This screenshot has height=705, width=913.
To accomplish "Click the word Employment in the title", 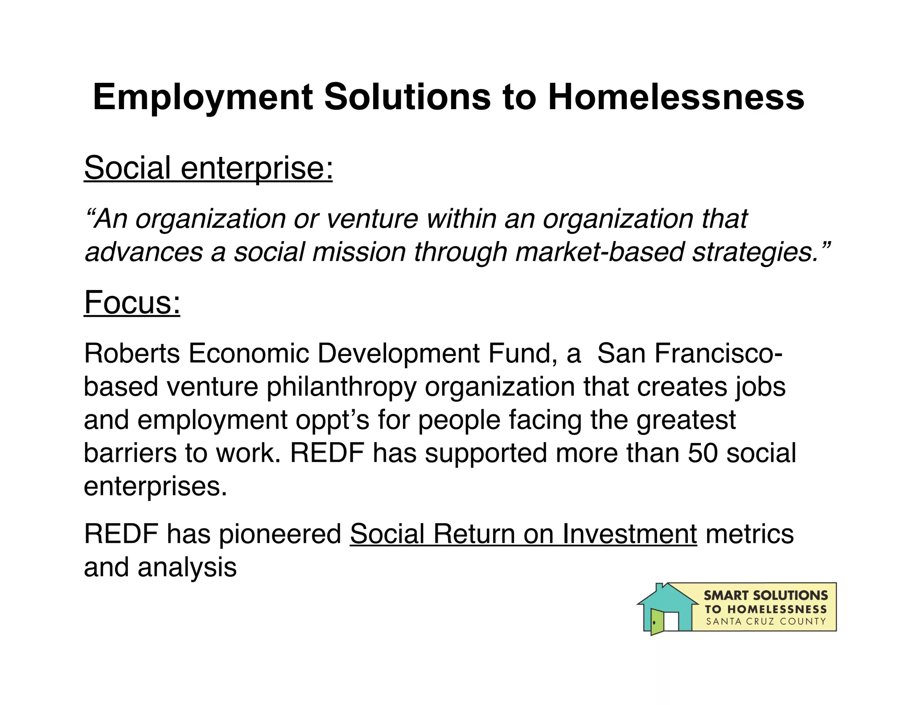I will click(203, 97).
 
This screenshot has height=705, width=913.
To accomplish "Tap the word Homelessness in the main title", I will click(676, 97).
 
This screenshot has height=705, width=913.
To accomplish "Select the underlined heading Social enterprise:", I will click(208, 168).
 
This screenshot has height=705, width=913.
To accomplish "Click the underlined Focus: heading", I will click(132, 303).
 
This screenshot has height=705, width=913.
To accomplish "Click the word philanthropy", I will click(341, 387).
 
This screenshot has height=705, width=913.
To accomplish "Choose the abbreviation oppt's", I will click(332, 420).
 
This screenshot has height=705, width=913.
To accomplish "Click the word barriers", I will click(129, 453).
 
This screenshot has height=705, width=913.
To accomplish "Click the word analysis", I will click(187, 567).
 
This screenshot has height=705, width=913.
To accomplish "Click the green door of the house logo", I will click(656, 622).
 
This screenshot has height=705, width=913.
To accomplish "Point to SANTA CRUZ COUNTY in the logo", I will click(766, 621).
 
